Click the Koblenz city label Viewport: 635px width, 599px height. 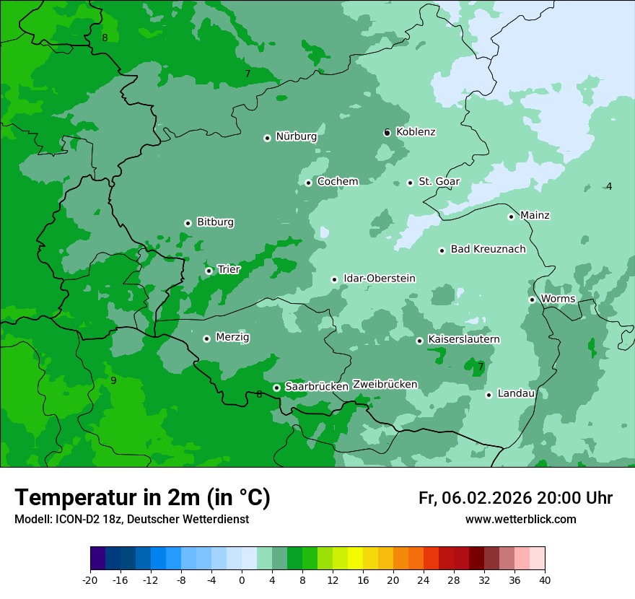pos(416,132)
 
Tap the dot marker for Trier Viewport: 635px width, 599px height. pos(209,271)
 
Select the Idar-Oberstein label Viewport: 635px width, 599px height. pos(379,278)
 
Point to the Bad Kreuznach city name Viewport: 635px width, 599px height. pos(488,249)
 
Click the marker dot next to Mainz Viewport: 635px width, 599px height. pos(511,217)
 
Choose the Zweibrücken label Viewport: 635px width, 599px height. pos(385,385)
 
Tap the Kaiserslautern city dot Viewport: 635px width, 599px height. pos(419,341)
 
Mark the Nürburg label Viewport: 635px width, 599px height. pos(296,136)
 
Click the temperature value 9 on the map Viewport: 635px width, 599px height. pos(113,380)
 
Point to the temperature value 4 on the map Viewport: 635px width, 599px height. pos(609,186)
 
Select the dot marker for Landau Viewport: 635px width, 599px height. pos(489,395)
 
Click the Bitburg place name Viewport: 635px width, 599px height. pos(215,222)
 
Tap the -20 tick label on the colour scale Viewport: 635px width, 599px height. pos(90,580)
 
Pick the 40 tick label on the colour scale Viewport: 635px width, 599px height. pos(545,580)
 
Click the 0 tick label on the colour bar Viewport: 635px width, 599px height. pos(242,580)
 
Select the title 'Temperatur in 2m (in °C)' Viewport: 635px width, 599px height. pos(142,497)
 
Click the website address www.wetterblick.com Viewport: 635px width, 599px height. pos(520,520)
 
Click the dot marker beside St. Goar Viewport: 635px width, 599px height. pos(410,183)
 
